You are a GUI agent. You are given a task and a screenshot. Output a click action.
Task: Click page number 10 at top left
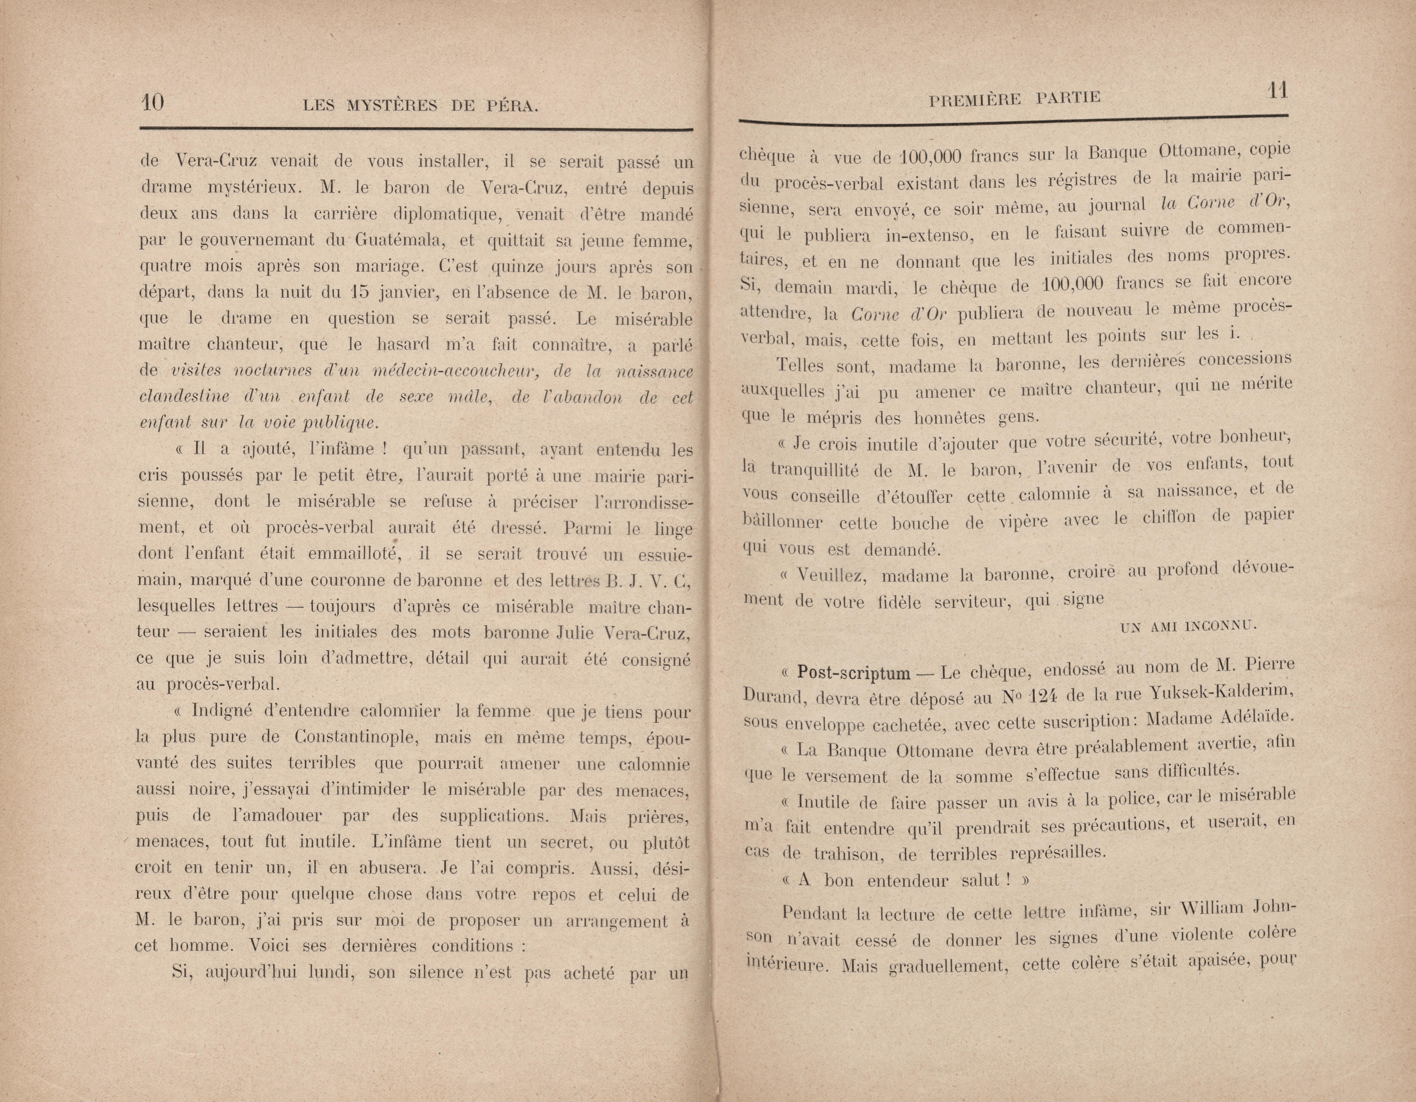tap(153, 102)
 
